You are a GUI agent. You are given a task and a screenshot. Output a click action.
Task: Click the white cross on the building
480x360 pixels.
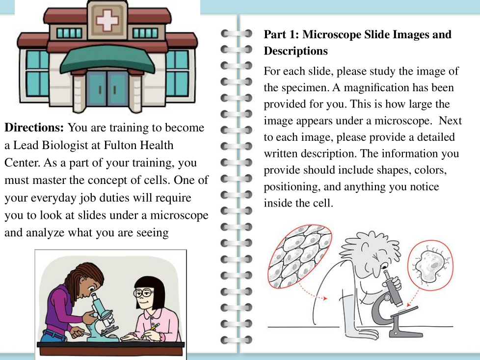click(x=107, y=20)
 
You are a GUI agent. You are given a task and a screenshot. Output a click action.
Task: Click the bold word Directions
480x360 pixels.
click(x=34, y=127)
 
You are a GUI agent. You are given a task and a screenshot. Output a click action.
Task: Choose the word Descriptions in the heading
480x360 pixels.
click(x=296, y=51)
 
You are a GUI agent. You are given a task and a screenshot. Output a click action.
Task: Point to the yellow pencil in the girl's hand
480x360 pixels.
click(x=151, y=331)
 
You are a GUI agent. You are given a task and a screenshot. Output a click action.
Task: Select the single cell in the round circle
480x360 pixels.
click(x=430, y=265)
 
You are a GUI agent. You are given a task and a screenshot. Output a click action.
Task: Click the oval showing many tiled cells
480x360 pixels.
click(x=300, y=257)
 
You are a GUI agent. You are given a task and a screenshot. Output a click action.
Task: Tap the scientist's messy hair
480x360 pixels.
click(x=371, y=248)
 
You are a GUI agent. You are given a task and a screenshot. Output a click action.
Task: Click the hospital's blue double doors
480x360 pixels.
click(x=107, y=88)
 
